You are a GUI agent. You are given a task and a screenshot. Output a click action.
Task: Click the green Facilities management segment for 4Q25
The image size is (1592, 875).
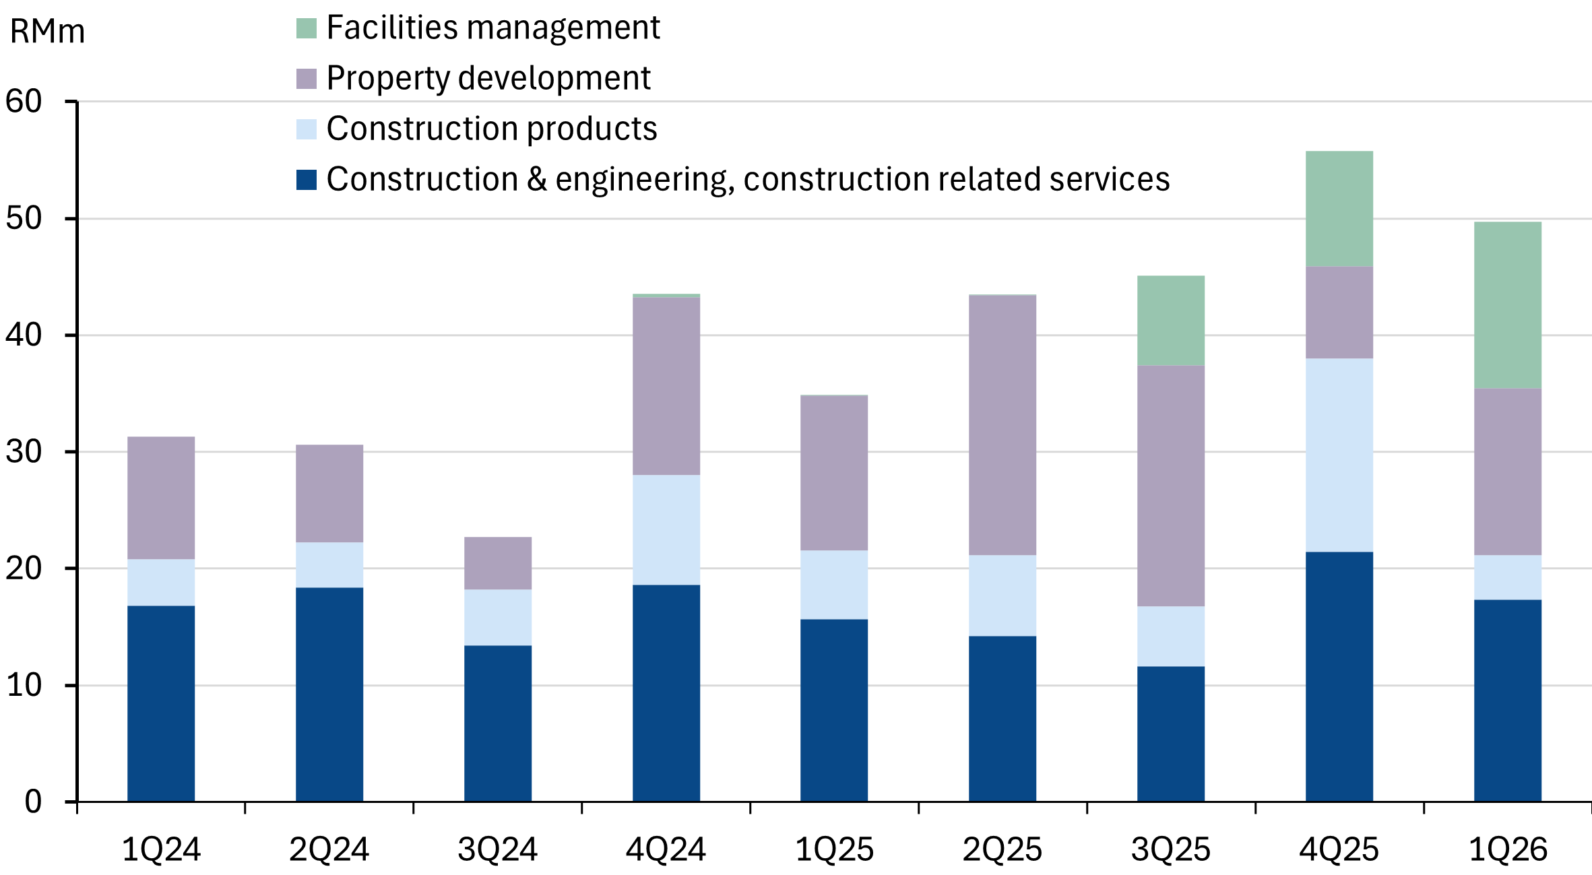click(x=1339, y=209)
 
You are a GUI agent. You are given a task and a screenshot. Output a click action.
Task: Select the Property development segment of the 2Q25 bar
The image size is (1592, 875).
click(x=1002, y=425)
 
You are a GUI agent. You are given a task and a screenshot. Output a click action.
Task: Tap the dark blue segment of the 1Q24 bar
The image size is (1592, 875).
click(x=161, y=703)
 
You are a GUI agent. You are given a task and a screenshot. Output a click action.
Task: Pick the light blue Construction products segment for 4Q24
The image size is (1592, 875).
click(x=666, y=529)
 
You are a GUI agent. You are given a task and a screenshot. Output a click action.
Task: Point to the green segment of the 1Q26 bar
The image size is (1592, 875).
click(x=1507, y=305)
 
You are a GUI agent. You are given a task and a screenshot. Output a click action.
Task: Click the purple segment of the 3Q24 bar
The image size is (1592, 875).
click(x=497, y=563)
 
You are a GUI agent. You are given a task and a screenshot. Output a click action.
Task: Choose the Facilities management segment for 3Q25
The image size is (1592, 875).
click(x=1170, y=321)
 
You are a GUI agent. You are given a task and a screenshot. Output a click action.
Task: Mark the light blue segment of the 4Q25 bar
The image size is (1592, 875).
click(x=1339, y=455)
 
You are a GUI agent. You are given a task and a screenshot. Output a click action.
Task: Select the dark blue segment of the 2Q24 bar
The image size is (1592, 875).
click(x=329, y=694)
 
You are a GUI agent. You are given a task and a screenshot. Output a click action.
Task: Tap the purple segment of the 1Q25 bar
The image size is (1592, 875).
click(x=834, y=473)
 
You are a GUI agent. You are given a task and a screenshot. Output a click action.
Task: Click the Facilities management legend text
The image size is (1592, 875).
click(x=493, y=28)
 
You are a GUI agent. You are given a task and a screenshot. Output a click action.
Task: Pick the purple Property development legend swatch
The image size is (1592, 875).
click(x=307, y=79)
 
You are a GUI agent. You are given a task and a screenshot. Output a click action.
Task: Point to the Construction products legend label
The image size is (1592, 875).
click(x=492, y=129)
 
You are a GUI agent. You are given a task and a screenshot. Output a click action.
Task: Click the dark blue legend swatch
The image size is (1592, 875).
click(x=307, y=180)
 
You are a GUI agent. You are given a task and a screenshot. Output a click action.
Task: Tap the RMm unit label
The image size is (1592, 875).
click(x=47, y=32)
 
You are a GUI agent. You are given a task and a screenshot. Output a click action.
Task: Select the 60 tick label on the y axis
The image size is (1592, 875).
click(x=24, y=102)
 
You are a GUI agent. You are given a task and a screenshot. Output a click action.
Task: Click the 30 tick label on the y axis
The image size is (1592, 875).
click(x=24, y=452)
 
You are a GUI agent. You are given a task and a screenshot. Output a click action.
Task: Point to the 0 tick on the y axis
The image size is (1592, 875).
click(x=33, y=802)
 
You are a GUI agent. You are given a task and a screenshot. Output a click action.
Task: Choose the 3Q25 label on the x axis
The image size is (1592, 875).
click(x=1170, y=849)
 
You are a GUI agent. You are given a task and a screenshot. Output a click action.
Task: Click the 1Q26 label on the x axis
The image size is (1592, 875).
click(x=1507, y=849)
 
